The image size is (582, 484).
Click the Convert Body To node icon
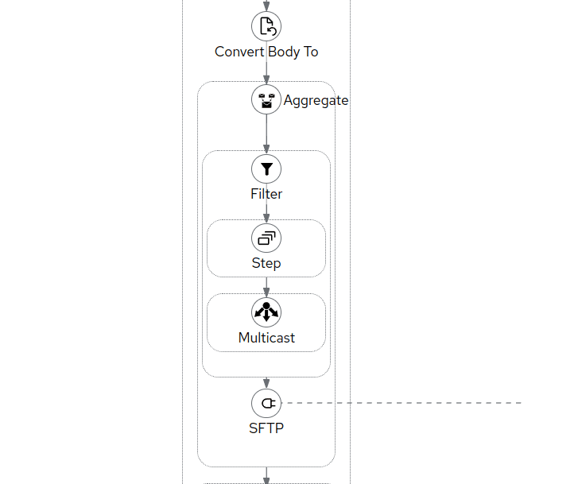click(x=266, y=26)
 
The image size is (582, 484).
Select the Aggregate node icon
click(x=266, y=100)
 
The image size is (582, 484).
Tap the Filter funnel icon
click(x=266, y=168)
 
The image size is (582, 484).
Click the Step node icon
click(x=266, y=238)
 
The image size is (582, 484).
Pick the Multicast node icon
click(x=266, y=312)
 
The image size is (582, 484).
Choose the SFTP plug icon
click(x=266, y=403)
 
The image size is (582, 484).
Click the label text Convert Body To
click(x=266, y=52)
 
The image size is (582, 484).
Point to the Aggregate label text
click(x=316, y=100)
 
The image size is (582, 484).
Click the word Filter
click(x=266, y=194)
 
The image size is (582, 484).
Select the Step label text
click(x=266, y=263)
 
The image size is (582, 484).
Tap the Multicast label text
click(x=266, y=338)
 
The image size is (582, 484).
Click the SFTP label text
click(x=266, y=428)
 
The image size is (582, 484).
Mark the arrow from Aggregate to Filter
click(x=266, y=132)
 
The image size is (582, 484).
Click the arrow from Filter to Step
click(x=266, y=211)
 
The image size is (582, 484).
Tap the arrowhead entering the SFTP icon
click(x=266, y=384)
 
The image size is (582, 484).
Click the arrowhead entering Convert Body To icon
click(x=266, y=7)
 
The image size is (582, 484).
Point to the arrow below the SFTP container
click(x=266, y=478)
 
